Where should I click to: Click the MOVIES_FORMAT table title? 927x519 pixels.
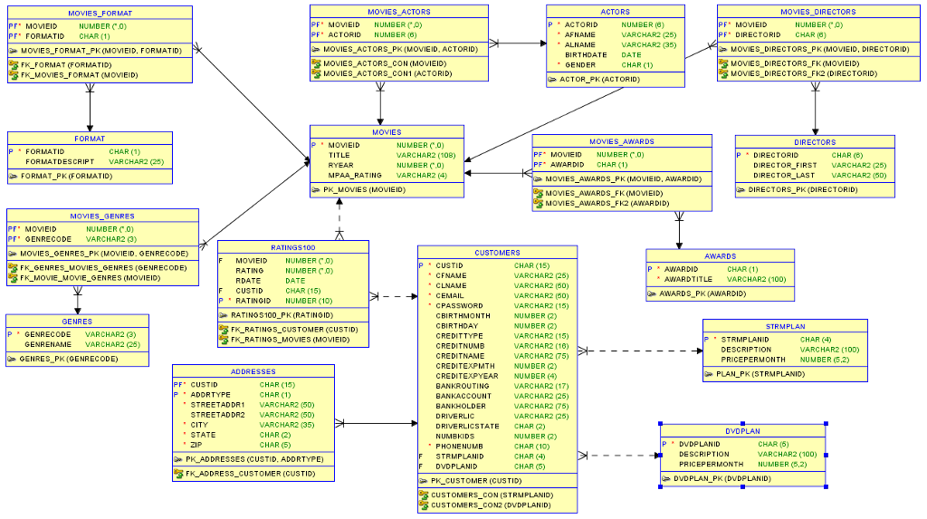coord(100,13)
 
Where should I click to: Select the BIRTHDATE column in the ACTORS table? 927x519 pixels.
coord(586,54)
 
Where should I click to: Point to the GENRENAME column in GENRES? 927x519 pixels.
coord(48,344)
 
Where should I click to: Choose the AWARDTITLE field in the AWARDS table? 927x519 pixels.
coord(688,279)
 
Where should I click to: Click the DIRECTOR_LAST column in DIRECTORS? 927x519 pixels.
coord(784,175)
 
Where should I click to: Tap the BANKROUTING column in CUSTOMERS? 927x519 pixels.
coord(462,386)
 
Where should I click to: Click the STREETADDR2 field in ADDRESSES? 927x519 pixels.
coord(218,414)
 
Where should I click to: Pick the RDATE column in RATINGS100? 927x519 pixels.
coord(247,281)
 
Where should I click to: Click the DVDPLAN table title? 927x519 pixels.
coord(742,430)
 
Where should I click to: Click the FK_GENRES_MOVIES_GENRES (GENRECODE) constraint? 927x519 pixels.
coord(103,268)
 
